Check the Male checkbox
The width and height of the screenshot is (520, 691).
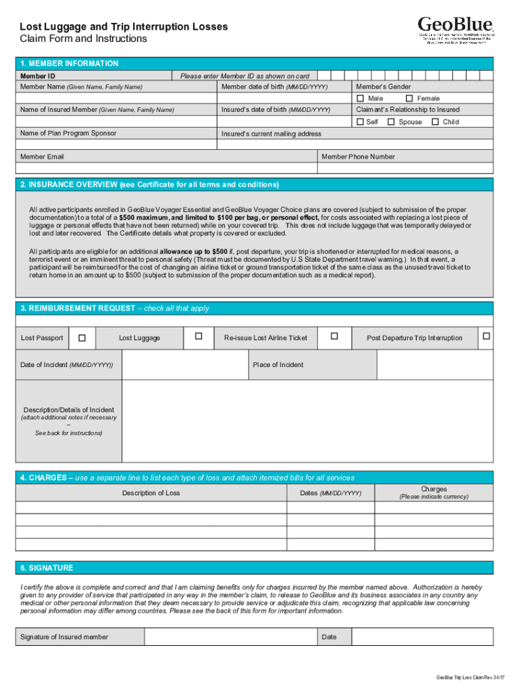pos(360,99)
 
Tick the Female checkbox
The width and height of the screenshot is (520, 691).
pos(409,99)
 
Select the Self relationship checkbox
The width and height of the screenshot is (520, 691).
pos(360,122)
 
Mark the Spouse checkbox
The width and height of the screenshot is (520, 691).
pos(391,122)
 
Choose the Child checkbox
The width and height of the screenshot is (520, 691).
pos(436,122)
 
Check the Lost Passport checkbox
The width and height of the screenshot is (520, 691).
pos(82,337)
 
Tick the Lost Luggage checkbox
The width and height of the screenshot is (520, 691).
pos(198,336)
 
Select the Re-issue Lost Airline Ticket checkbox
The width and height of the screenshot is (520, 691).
pos(334,336)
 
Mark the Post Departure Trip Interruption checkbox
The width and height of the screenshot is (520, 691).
pos(486,336)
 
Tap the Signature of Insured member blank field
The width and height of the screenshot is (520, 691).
pos(230,637)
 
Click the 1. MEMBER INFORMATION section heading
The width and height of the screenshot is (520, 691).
pos(70,63)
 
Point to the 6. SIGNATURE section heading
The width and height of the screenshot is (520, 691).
pos(47,568)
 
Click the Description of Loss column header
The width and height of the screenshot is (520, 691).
pos(151,493)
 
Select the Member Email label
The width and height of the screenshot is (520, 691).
pos(42,157)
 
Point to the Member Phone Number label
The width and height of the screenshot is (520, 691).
pos(358,157)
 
